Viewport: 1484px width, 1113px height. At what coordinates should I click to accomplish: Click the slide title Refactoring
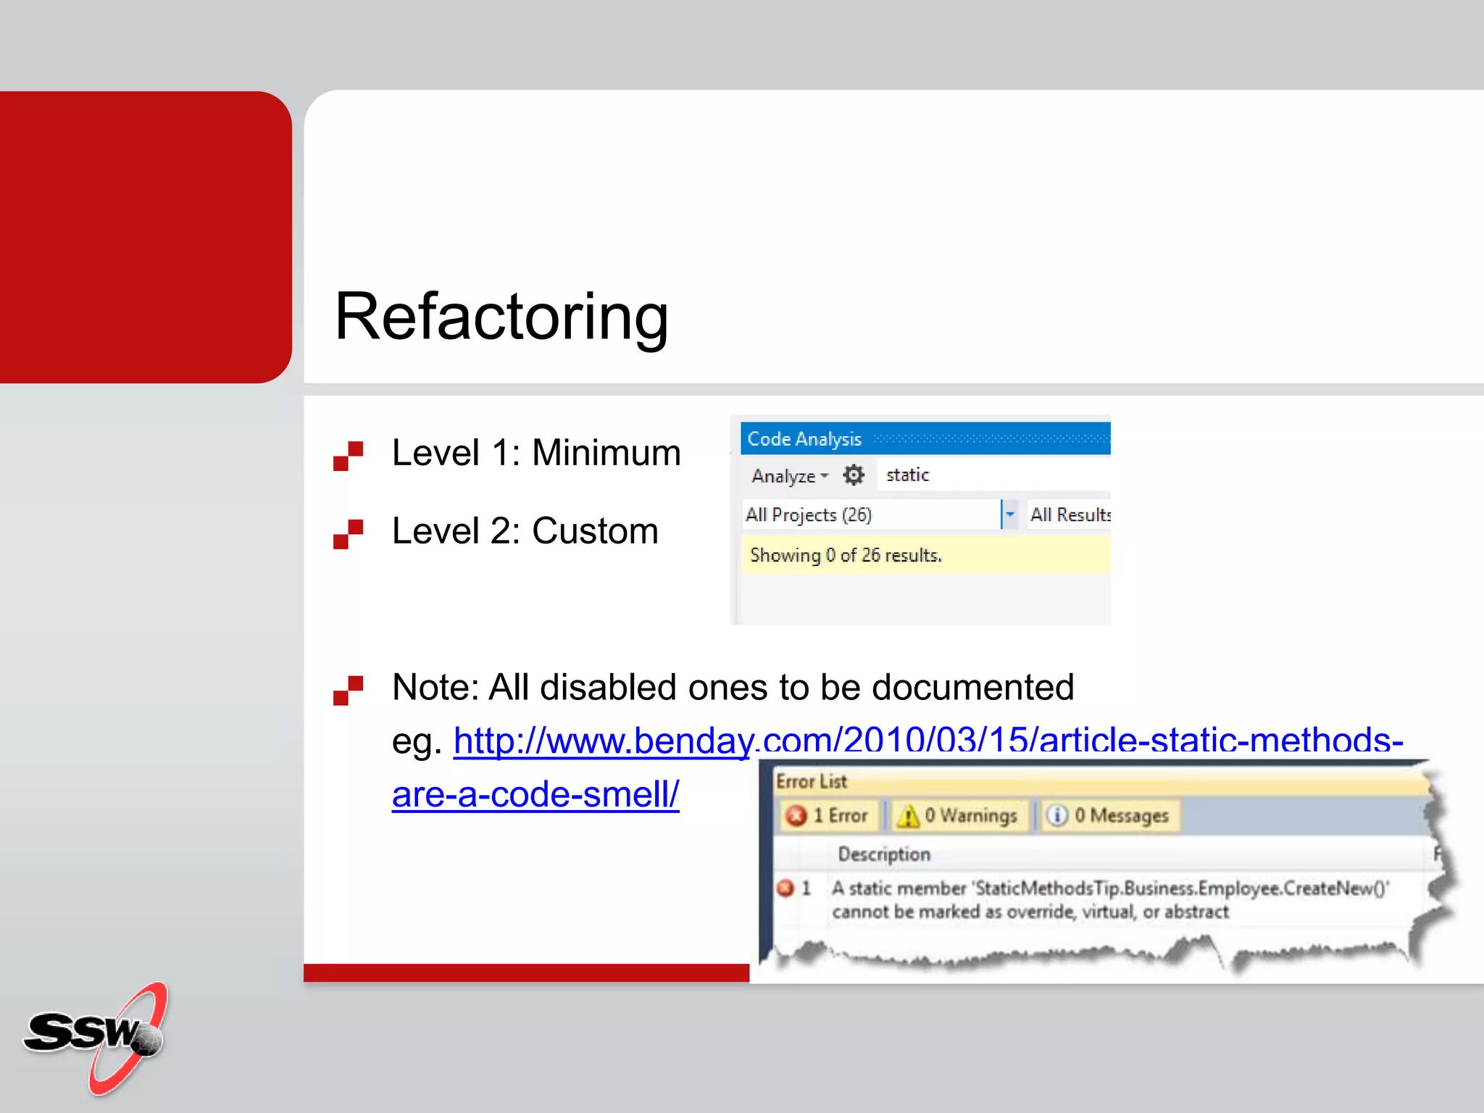(x=501, y=317)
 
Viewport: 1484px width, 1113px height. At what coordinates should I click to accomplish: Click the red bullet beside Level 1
(x=348, y=456)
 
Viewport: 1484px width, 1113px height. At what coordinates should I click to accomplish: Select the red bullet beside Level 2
(x=348, y=534)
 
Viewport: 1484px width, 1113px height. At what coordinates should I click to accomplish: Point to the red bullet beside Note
(x=348, y=690)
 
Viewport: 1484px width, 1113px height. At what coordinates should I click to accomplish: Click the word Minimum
(x=606, y=454)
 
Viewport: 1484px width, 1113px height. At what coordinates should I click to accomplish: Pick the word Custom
(x=595, y=531)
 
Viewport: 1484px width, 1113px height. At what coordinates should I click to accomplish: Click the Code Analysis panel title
(x=804, y=439)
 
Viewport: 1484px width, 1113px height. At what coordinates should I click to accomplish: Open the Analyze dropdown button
(x=789, y=476)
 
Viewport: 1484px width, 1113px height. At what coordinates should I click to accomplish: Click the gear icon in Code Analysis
(x=854, y=475)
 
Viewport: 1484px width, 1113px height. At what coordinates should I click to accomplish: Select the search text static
(x=907, y=475)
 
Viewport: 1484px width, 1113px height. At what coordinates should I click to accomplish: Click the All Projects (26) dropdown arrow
(x=1009, y=514)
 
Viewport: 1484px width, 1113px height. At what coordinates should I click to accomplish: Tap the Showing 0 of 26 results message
(x=846, y=556)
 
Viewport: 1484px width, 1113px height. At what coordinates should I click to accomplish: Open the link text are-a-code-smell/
(x=535, y=795)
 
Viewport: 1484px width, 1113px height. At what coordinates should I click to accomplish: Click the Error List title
(x=811, y=782)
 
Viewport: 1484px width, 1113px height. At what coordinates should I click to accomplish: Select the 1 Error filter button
(x=828, y=816)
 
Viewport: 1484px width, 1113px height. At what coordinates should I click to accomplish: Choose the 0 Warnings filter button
(x=958, y=816)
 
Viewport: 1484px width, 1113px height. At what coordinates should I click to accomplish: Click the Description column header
(x=884, y=855)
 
